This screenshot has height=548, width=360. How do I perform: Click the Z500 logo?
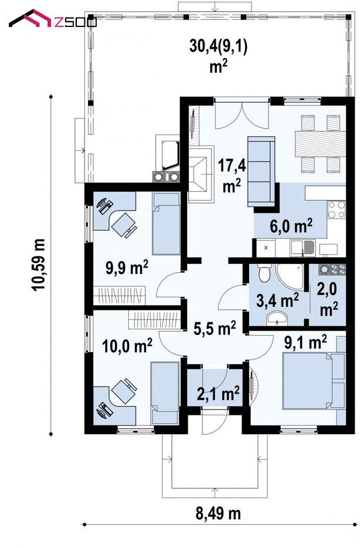click(52, 19)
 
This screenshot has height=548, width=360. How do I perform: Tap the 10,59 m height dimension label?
click(39, 265)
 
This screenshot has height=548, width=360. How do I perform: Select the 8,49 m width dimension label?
click(218, 513)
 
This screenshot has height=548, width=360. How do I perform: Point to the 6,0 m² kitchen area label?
click(291, 226)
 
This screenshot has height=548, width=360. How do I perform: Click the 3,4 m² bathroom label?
click(277, 300)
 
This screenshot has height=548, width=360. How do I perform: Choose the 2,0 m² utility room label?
click(328, 299)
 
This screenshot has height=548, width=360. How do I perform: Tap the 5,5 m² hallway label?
click(215, 329)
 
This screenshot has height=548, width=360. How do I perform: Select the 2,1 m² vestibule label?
click(218, 393)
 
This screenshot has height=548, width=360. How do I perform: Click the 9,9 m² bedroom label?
click(127, 268)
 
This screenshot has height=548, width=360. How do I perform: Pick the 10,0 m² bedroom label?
click(127, 346)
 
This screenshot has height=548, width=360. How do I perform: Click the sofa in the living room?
click(261, 171)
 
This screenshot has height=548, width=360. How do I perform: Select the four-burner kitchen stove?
click(337, 209)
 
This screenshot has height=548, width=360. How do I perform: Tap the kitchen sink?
click(303, 248)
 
